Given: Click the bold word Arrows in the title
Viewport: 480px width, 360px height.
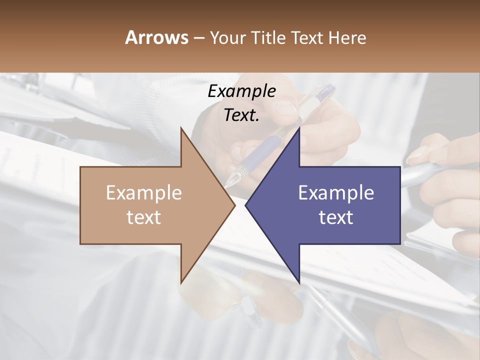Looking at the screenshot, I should pyautogui.click(x=156, y=37).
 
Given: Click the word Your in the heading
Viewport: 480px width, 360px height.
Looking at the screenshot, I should pyautogui.click(x=227, y=37).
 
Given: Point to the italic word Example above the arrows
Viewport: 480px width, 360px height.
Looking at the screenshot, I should pyautogui.click(x=241, y=91).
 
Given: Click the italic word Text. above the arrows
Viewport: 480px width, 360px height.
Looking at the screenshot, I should pyautogui.click(x=241, y=115).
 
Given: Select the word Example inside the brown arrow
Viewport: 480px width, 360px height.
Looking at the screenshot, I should pyautogui.click(x=144, y=193).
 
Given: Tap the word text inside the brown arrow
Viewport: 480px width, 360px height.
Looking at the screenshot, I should pyautogui.click(x=144, y=217).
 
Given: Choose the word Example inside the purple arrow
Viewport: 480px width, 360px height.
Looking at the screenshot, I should pyautogui.click(x=336, y=193).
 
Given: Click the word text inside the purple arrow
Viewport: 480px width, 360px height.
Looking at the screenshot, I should pyautogui.click(x=336, y=217).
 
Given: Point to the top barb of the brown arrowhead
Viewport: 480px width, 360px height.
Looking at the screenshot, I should pyautogui.click(x=181, y=129).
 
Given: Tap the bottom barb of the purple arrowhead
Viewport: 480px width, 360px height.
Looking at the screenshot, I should pyautogui.click(x=299, y=281).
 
